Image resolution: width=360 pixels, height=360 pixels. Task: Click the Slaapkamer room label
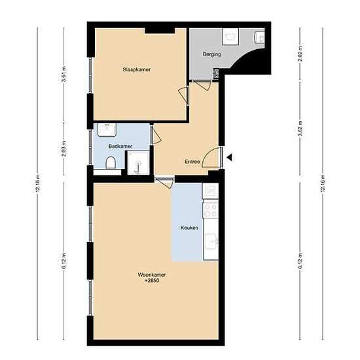coord(137,69)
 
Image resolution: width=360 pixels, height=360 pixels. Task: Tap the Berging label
coord(211,54)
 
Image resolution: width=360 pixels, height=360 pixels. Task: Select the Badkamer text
coord(120,146)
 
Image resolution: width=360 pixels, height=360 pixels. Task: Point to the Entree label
coord(192,162)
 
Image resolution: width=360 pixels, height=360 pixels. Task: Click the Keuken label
coord(189,228)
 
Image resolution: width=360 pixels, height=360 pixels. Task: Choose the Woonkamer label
coord(152,275)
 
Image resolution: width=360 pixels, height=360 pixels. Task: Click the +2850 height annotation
coord(152,281)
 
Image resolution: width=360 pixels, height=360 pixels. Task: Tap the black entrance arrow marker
coord(230,157)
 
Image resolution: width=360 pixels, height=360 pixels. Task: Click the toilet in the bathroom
coord(111,162)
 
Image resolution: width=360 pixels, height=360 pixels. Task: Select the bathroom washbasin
coord(107,130)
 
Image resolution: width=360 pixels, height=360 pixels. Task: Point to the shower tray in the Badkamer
coord(139,163)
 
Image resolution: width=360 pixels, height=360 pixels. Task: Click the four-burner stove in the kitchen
coord(211,211)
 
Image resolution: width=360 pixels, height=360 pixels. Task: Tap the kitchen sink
coord(211,242)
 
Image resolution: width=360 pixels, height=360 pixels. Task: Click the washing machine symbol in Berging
coord(230,37)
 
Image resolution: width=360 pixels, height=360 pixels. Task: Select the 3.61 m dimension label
coord(64,74)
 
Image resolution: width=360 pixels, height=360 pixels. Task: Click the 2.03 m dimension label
coord(64,149)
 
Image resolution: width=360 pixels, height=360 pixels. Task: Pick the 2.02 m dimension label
coord(300,54)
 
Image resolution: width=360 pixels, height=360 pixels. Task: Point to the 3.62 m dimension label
coord(300,128)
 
